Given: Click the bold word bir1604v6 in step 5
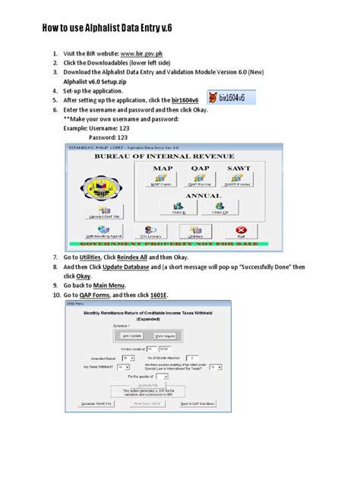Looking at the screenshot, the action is [x=188, y=99].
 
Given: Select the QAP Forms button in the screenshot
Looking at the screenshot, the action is [x=201, y=180].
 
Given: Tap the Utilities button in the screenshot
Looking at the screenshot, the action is [x=196, y=232].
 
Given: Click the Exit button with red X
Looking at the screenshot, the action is [x=241, y=232].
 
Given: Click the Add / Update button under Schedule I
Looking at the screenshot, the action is [x=132, y=335].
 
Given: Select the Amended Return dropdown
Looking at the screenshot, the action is [x=128, y=357].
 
